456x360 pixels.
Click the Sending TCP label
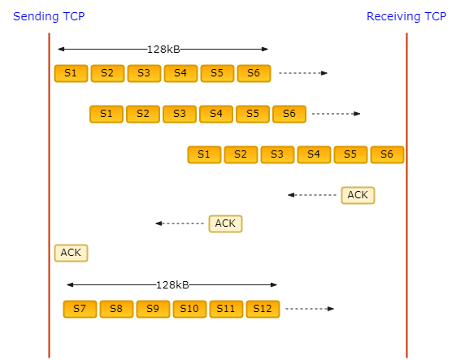[x=49, y=16]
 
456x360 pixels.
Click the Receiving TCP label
[x=406, y=16]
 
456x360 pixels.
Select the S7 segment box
[x=80, y=309]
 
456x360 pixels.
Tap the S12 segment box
[x=263, y=309]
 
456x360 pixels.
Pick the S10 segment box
[x=189, y=309]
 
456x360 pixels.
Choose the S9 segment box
[x=153, y=309]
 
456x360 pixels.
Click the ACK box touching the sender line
[x=71, y=253]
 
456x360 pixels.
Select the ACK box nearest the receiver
[x=358, y=195]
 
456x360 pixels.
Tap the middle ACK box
[x=225, y=223]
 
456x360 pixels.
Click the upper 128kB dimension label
[x=163, y=50]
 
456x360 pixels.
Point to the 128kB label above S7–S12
[x=172, y=285]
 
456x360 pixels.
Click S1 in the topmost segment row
[x=71, y=73]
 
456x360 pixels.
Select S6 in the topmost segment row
[x=254, y=73]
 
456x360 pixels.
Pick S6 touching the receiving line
[x=388, y=154]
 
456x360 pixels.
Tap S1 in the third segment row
[x=204, y=154]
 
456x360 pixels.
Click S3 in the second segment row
[x=180, y=114]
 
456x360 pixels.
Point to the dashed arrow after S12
[x=310, y=309]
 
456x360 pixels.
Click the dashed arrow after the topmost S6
[x=303, y=73]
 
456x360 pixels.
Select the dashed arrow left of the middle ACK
[x=180, y=223]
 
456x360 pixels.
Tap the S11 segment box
[x=226, y=309]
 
